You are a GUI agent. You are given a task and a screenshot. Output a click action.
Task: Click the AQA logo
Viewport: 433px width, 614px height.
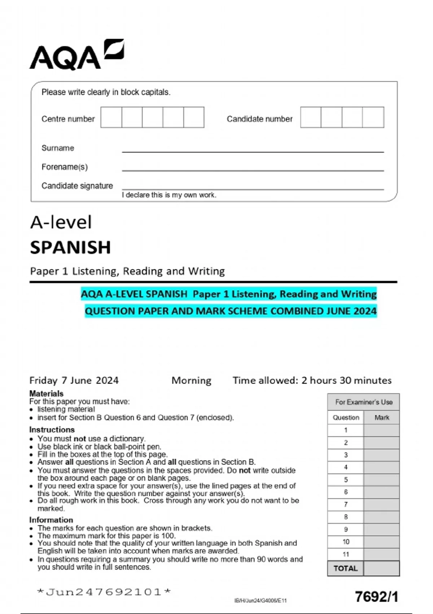76,55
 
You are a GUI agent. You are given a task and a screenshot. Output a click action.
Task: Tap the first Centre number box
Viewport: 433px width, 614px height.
111,117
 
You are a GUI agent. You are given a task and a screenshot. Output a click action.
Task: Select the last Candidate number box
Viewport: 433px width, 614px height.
373,117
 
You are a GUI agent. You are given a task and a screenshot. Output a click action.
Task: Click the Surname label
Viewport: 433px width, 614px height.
58,148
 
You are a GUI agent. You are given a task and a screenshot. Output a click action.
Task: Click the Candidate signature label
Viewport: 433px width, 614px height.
77,186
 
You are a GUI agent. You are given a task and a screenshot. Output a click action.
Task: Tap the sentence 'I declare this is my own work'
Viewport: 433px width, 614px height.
169,195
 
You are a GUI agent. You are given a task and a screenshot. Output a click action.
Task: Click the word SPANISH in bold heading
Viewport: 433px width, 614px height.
70,247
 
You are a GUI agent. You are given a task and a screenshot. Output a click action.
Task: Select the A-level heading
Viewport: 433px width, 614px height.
61,222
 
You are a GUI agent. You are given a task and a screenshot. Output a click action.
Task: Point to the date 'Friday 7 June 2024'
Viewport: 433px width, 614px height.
74,380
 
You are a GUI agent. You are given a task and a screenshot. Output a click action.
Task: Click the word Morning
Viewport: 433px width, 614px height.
191,380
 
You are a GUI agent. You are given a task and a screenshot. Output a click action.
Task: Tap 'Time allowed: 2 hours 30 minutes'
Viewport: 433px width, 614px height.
312,380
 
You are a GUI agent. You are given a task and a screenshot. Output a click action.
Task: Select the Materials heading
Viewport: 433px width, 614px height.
46,393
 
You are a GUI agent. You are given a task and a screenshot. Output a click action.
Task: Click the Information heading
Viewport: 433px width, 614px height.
51,520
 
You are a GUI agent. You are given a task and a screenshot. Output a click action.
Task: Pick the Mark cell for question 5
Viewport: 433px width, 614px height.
381,480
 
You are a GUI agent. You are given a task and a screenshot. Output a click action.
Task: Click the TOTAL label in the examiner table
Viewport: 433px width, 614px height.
345,568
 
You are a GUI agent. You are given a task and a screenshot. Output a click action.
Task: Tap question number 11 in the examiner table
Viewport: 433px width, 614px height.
346,554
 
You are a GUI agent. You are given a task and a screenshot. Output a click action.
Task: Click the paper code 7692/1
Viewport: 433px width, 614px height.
376,597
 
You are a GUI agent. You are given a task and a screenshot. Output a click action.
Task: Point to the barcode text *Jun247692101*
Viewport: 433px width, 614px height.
104,592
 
